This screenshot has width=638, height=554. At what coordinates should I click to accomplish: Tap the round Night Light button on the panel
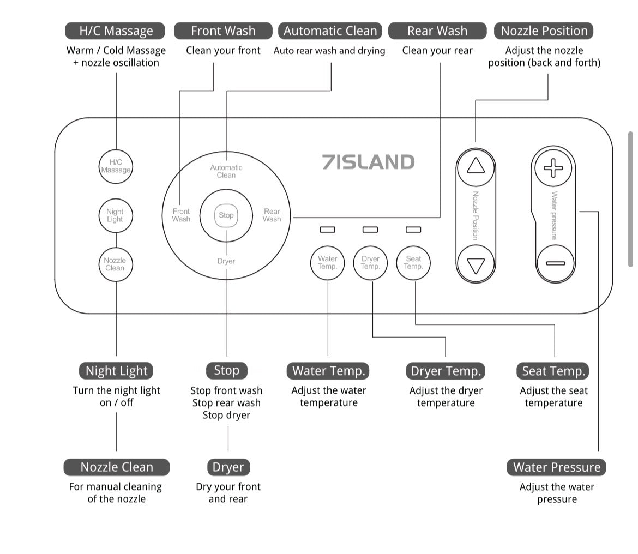pyautogui.click(x=115, y=215)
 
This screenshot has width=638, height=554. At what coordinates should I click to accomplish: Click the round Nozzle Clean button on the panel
pyautogui.click(x=115, y=264)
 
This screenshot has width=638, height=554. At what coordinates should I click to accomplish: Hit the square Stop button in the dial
pyautogui.click(x=226, y=215)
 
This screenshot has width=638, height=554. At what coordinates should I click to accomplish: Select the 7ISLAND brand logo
pyautogui.click(x=368, y=162)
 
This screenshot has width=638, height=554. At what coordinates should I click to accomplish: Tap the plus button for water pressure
pyautogui.click(x=553, y=167)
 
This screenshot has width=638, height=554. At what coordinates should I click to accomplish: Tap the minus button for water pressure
pyautogui.click(x=555, y=263)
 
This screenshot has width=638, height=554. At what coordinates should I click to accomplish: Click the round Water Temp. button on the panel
pyautogui.click(x=327, y=263)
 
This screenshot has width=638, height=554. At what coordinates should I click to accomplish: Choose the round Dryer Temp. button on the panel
pyautogui.click(x=370, y=263)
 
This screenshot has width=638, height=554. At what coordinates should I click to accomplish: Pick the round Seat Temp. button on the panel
pyautogui.click(x=413, y=263)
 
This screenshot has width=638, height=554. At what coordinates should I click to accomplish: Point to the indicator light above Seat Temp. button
pyautogui.click(x=413, y=230)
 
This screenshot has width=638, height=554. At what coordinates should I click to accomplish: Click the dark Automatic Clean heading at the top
pyautogui.click(x=330, y=31)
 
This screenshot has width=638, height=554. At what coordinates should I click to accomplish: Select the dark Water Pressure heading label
pyautogui.click(x=557, y=467)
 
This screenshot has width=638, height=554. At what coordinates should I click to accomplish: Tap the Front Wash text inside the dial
pyautogui.click(x=181, y=215)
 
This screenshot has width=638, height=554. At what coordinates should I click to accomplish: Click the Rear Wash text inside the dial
pyautogui.click(x=272, y=215)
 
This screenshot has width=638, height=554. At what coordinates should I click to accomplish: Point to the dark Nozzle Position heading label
pyautogui.click(x=544, y=31)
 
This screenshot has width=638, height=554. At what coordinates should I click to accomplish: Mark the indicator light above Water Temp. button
pyautogui.click(x=327, y=230)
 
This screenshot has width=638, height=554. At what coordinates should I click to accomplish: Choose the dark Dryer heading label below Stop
pyautogui.click(x=228, y=467)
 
